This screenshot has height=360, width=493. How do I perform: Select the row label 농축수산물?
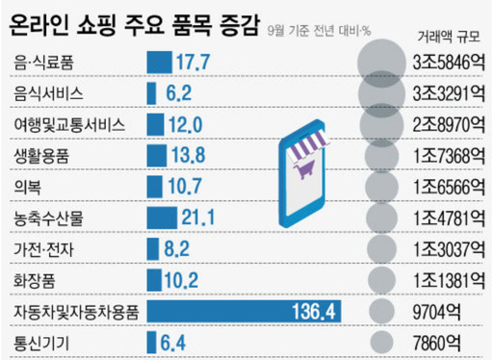pos(47,218)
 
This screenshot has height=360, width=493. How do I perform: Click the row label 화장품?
pos(35,279)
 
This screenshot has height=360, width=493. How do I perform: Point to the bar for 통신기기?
pos(150,341)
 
